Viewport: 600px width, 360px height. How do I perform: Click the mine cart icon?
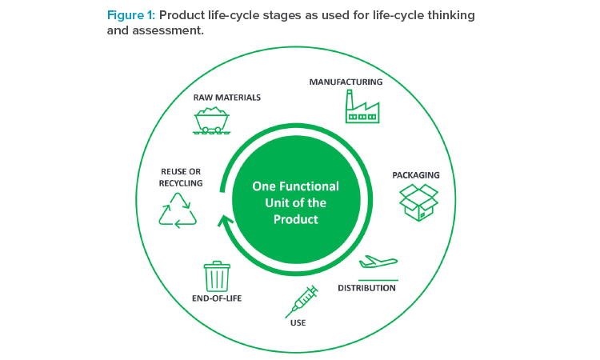[212, 120]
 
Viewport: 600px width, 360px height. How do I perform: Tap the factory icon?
[362, 106]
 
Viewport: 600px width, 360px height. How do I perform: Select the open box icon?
[418, 202]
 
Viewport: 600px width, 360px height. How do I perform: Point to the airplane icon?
[378, 262]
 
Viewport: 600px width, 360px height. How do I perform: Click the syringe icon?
[302, 302]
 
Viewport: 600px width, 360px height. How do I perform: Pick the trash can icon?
[217, 277]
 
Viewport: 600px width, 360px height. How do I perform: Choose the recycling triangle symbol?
[178, 210]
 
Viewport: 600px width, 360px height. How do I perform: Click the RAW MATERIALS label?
[227, 98]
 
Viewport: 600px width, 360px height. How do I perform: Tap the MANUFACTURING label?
[346, 82]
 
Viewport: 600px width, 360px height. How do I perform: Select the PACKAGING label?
[416, 175]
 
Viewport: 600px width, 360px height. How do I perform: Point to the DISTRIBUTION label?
[366, 288]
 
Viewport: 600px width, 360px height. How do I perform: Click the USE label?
[298, 323]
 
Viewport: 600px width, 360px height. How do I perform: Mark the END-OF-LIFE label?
[217, 298]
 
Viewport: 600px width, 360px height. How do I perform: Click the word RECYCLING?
[181, 183]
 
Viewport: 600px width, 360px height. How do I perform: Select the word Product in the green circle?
[296, 219]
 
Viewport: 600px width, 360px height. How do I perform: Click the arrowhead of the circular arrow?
[226, 221]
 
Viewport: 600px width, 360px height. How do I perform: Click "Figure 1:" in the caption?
[131, 15]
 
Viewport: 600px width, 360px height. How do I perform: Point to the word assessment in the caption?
[168, 30]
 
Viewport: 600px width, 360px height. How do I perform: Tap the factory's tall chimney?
[349, 100]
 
